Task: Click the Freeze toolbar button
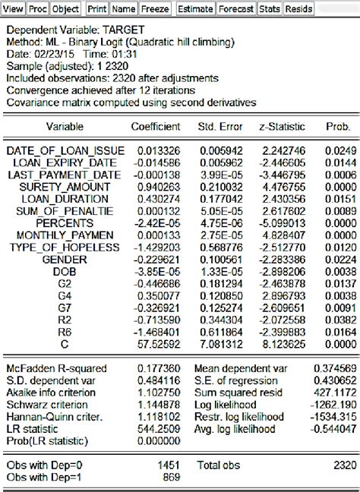[x=156, y=8]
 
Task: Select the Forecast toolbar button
[x=235, y=8]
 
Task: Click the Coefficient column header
[x=156, y=126]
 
